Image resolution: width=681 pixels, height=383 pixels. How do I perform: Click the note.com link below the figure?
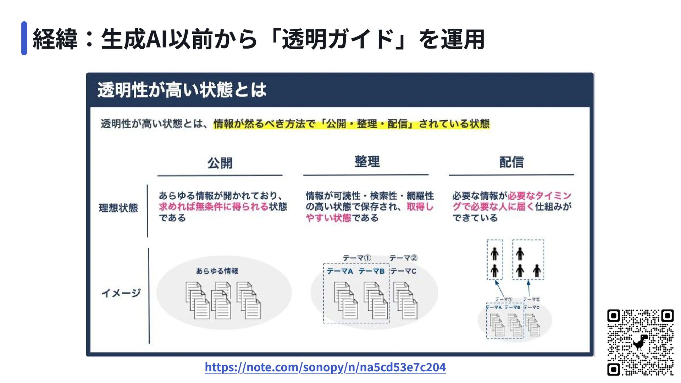[325, 367]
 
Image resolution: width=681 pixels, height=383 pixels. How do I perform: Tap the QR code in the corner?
[640, 342]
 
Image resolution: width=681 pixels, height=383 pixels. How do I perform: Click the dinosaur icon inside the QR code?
[640, 342]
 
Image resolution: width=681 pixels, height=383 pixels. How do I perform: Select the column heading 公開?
[220, 163]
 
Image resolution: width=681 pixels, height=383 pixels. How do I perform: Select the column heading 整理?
[367, 162]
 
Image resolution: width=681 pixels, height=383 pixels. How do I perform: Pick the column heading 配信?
[511, 162]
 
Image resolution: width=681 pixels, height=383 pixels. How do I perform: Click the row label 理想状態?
[118, 208]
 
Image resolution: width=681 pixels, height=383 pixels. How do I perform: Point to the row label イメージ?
[121, 293]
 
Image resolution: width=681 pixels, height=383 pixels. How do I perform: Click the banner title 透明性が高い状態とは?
[182, 90]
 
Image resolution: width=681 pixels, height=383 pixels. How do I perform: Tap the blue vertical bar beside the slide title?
[24, 38]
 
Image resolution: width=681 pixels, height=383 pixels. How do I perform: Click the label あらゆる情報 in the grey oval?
[217, 271]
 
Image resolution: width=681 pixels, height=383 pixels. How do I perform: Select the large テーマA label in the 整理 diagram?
[340, 271]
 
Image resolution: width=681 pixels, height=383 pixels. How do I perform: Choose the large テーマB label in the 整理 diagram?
[371, 271]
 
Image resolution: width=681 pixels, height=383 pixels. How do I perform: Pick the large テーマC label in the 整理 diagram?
[403, 271]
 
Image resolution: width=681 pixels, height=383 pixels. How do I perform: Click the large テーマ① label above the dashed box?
[357, 258]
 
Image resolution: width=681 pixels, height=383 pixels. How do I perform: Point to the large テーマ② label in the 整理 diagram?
[403, 258]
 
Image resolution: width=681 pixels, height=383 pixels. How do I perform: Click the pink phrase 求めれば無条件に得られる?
[213, 206]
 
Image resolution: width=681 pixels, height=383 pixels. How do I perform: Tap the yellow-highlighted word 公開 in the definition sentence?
[336, 124]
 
